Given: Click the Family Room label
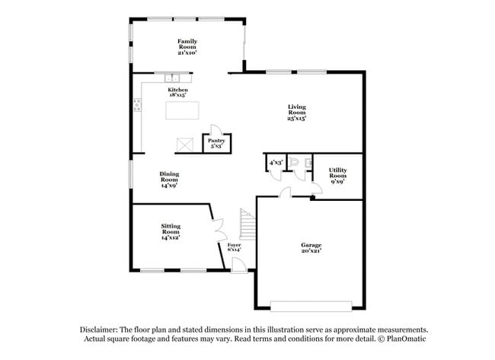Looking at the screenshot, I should (x=187, y=47).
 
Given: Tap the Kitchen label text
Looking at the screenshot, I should (x=178, y=92).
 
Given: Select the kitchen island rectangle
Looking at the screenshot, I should (x=184, y=110).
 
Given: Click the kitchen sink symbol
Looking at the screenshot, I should (x=174, y=76).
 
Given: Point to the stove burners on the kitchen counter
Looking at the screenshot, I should (x=138, y=106).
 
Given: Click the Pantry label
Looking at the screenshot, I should (x=216, y=142).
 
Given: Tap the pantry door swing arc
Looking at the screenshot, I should (x=216, y=129).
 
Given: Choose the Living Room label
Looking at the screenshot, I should (x=297, y=112).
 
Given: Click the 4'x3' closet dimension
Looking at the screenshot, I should (x=274, y=162).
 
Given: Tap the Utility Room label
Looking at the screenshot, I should (x=338, y=176).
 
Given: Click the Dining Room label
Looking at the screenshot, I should (x=169, y=179).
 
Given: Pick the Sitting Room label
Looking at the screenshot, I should (x=170, y=231).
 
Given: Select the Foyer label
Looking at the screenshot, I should (x=234, y=247).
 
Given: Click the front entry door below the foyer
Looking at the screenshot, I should (x=238, y=264).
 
